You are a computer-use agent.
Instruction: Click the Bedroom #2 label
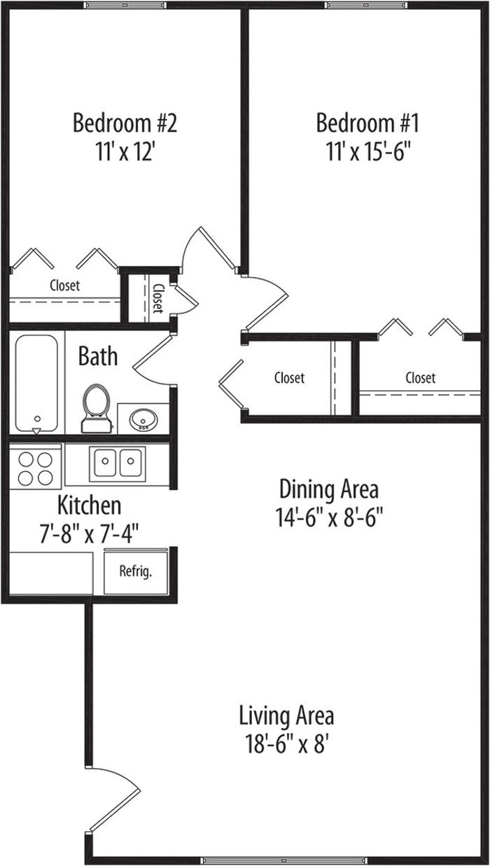point(125,123)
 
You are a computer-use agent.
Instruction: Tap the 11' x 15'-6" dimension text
point(367,151)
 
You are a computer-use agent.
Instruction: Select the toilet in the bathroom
point(96,408)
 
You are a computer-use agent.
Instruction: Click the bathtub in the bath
point(36,384)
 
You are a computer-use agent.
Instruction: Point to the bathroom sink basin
point(143,419)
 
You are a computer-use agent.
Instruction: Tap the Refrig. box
point(136,571)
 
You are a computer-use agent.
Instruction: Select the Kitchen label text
point(90,505)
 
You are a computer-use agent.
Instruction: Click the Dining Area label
point(329,489)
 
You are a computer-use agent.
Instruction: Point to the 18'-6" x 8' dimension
point(287,743)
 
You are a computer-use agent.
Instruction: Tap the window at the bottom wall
point(283,860)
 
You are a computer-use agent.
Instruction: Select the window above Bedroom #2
point(125,5)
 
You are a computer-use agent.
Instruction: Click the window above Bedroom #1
point(366,5)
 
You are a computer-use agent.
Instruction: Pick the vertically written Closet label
point(158,298)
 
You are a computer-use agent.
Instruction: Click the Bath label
point(98,356)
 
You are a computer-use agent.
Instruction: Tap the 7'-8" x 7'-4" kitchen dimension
point(90,533)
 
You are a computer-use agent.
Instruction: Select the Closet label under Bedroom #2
point(65,286)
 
